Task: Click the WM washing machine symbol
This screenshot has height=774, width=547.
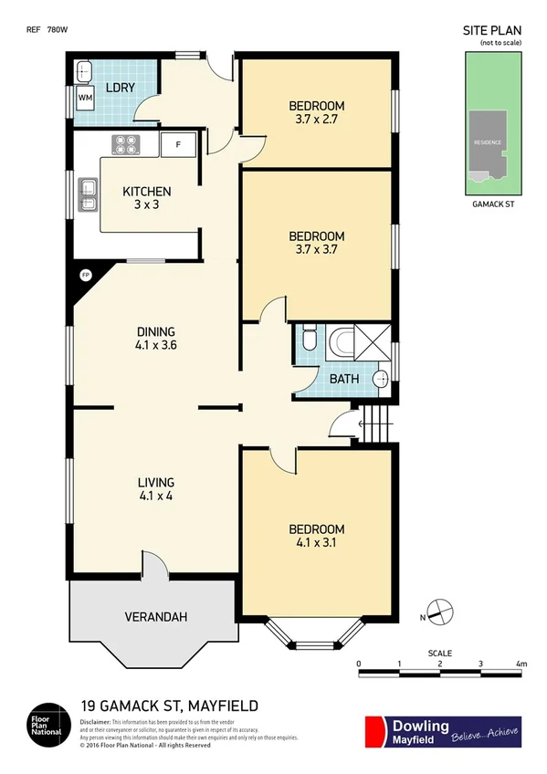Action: tap(85, 97)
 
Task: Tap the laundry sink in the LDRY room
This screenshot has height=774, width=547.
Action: tap(85, 71)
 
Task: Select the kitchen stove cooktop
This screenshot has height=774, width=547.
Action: tap(125, 143)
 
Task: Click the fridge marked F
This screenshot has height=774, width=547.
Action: tap(178, 144)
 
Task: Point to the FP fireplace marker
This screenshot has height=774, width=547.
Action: tap(86, 274)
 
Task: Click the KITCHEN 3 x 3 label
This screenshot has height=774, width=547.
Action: tap(147, 198)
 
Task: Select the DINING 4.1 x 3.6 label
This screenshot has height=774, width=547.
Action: tap(156, 338)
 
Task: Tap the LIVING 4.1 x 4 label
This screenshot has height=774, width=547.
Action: tap(155, 489)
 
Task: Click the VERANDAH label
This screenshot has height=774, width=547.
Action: tap(155, 618)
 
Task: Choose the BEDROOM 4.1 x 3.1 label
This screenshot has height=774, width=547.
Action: tap(316, 536)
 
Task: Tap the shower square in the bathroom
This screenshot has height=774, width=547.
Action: tap(374, 343)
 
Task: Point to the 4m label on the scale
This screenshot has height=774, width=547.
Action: tap(521, 664)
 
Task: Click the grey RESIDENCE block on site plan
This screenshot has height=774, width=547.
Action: tap(488, 143)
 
